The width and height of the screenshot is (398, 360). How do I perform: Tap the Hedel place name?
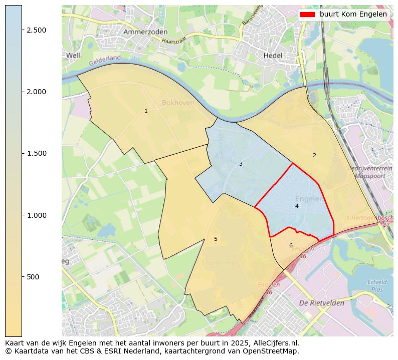pos(273,56)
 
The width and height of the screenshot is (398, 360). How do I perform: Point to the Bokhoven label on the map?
pos(178,103)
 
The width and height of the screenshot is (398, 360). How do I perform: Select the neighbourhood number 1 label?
pos(146,111)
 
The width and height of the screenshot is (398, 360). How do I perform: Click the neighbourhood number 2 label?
pos(314,155)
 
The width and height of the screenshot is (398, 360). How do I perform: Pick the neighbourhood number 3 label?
pos(241,164)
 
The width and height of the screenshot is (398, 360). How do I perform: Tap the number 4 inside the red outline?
pos(297,206)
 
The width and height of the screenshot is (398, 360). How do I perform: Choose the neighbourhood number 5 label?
pos(216,239)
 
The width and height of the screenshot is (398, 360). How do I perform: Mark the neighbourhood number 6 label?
pos(291,245)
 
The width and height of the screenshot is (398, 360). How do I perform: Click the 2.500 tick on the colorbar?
pos(37,30)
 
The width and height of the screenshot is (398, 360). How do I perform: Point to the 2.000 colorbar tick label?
pos(37,92)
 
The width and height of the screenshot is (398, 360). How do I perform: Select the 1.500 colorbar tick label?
pos(37,153)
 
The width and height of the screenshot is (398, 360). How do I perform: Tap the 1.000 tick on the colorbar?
pos(37,215)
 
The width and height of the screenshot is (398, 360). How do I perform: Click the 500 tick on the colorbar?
pos(33,277)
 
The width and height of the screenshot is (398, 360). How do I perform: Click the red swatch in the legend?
pos(307,15)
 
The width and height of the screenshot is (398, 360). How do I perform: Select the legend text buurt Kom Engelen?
pos(353,15)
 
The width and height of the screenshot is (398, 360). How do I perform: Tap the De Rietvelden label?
pos(321,303)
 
